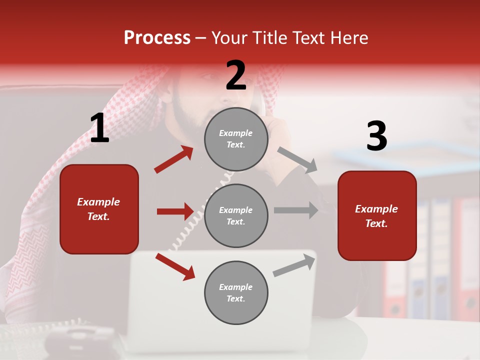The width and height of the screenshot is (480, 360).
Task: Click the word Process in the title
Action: click(x=157, y=38)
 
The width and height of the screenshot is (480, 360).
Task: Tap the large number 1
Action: click(x=99, y=128)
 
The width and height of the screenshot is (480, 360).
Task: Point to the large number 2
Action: click(x=236, y=75)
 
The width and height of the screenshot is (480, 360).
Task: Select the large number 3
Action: click(x=376, y=136)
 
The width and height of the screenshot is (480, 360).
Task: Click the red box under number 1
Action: click(x=99, y=209)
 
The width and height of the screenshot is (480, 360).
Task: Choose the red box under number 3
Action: click(x=377, y=215)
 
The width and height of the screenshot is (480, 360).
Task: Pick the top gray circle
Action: click(x=236, y=139)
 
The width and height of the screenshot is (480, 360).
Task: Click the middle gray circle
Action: click(x=236, y=215)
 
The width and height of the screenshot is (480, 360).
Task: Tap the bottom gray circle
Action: click(x=236, y=292)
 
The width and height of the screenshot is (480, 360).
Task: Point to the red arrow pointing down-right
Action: click(x=175, y=266)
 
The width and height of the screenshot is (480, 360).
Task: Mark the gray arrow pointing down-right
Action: click(x=297, y=159)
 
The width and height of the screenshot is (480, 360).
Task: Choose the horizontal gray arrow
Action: click(x=296, y=210)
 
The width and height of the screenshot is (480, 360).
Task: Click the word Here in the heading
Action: click(x=349, y=38)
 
